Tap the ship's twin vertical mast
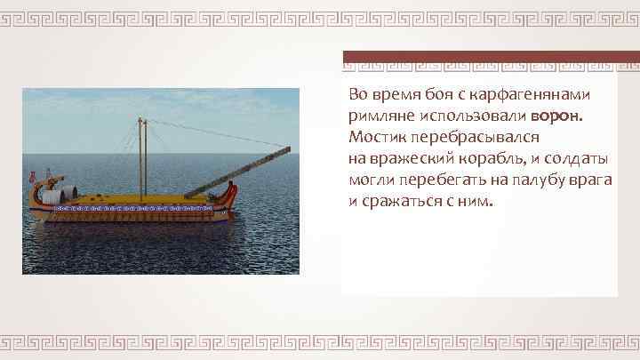coord(140,151)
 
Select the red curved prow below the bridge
coord(233,190)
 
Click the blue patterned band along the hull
coord(133,207)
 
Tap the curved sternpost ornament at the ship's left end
coord(34,188)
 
